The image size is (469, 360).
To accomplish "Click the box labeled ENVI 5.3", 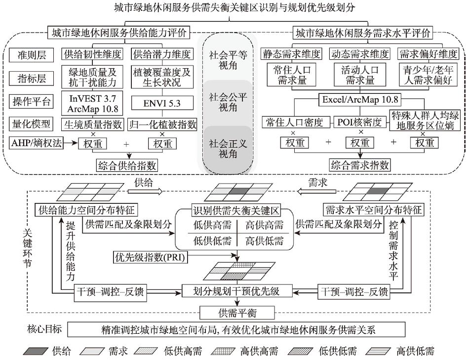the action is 162,103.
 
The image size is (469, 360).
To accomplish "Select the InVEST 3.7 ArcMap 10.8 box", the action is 92,103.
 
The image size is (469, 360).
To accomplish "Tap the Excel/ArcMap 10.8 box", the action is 360,99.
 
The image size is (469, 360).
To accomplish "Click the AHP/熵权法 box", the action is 37,143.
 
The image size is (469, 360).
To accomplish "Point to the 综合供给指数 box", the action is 127,165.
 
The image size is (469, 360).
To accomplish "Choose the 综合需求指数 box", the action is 360,165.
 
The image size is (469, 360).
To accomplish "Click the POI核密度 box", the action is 359,122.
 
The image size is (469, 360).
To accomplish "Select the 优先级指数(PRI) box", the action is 151,257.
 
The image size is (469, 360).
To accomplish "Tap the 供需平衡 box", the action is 237,313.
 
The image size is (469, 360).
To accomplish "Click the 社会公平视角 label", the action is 228,102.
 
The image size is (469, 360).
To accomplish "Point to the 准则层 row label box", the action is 32,55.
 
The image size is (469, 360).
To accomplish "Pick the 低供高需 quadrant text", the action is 212,225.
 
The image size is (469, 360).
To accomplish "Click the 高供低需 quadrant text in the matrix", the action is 264,241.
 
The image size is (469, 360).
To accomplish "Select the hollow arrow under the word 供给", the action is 145,191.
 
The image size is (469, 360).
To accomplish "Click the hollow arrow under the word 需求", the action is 317,191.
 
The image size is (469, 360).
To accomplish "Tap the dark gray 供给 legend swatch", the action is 36,351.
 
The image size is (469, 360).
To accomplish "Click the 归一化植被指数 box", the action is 162,124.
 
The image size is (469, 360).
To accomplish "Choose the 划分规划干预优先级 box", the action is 236,291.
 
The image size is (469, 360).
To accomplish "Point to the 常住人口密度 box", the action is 294,122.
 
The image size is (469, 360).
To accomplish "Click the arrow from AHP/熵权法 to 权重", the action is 71,143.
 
